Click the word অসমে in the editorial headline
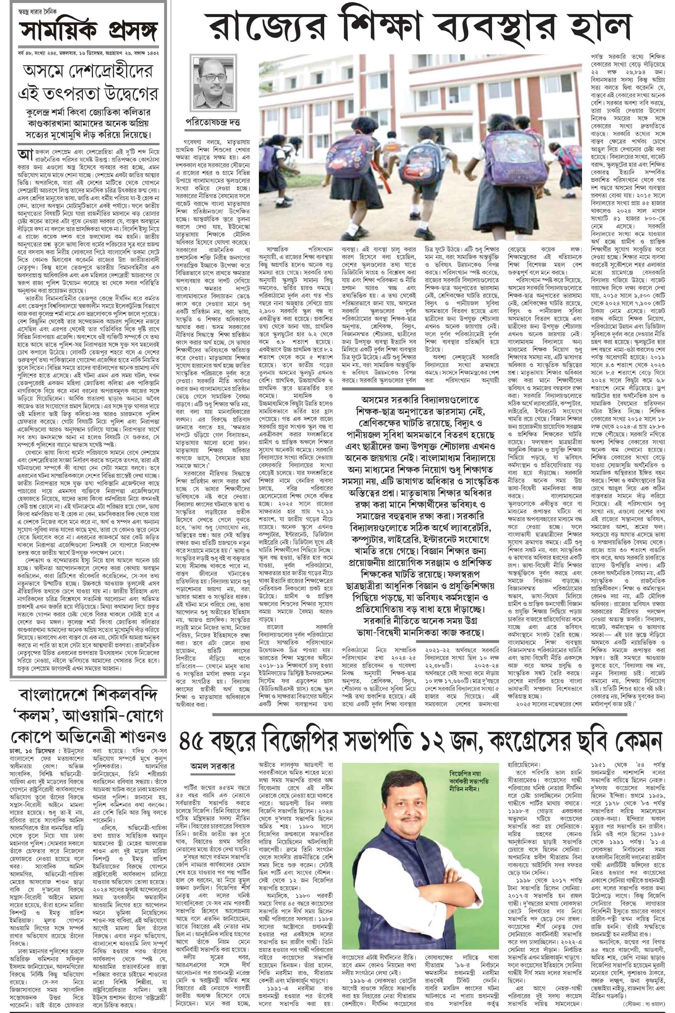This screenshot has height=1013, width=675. [x=46, y=71]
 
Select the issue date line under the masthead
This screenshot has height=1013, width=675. [x=86, y=53]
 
